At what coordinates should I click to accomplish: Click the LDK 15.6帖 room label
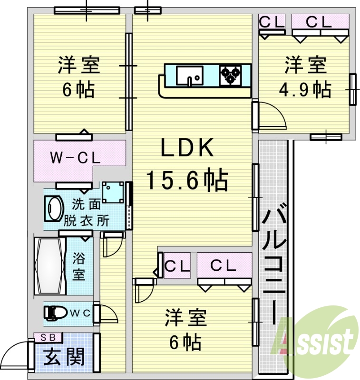186,164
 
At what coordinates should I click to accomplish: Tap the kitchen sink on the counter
189,75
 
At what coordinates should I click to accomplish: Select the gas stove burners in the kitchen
231,75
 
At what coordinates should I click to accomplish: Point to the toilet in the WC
56,313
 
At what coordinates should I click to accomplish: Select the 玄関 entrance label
64,356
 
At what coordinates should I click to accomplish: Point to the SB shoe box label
48,338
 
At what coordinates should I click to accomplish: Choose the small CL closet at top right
272,21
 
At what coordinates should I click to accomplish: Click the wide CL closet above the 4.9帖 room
319,21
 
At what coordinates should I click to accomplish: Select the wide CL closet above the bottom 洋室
224,266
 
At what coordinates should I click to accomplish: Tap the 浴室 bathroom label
79,266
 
